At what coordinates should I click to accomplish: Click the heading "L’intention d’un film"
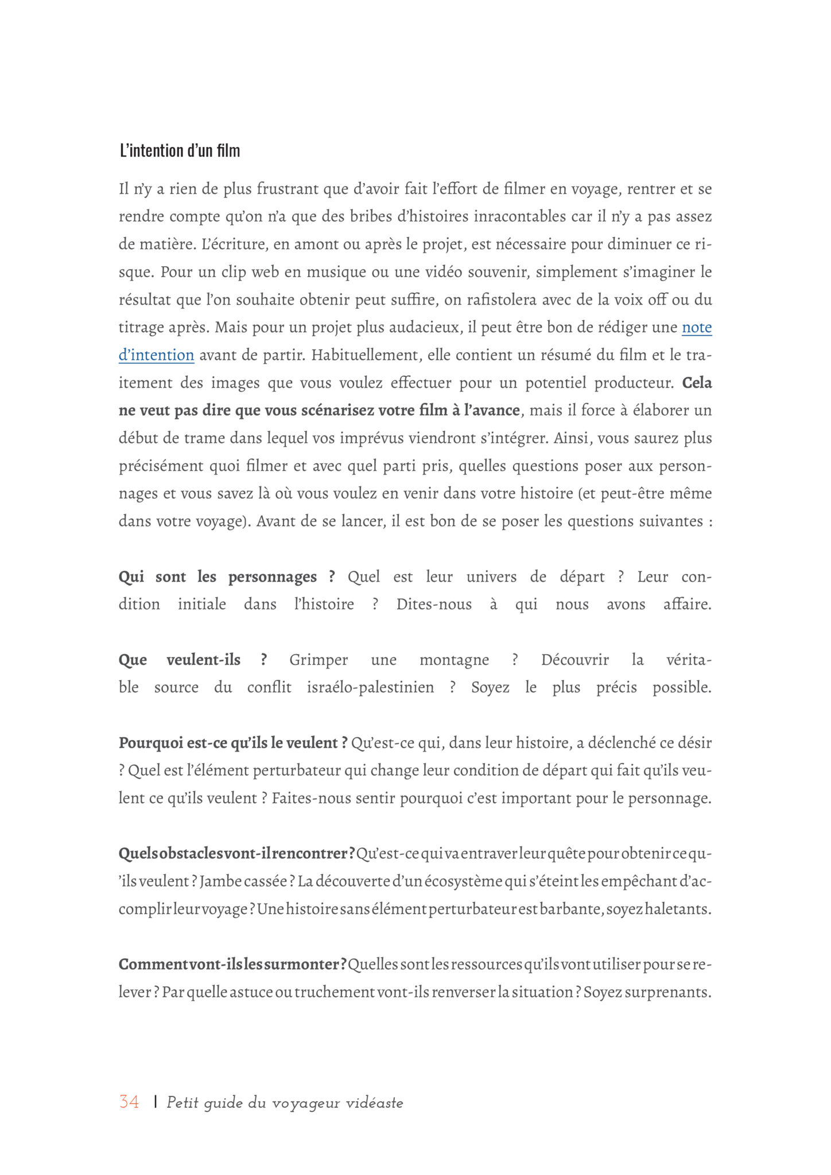[x=180, y=151]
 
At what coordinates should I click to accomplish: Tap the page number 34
[x=129, y=1102]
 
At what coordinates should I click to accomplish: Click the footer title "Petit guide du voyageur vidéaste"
[x=285, y=1103]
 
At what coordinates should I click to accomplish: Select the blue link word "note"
[x=697, y=328]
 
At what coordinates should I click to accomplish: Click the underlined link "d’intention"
[x=156, y=355]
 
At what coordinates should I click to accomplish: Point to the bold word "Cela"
[x=697, y=383]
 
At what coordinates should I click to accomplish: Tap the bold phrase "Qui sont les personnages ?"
[x=227, y=577]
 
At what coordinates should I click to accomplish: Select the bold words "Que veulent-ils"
[x=180, y=660]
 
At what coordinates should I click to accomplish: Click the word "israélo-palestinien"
[x=370, y=687]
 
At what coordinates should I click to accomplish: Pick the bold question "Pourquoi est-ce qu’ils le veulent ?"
[x=233, y=743]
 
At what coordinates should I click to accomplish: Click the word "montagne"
[x=454, y=660]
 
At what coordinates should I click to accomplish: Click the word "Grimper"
[x=319, y=660]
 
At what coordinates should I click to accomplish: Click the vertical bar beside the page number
[x=156, y=1102]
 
